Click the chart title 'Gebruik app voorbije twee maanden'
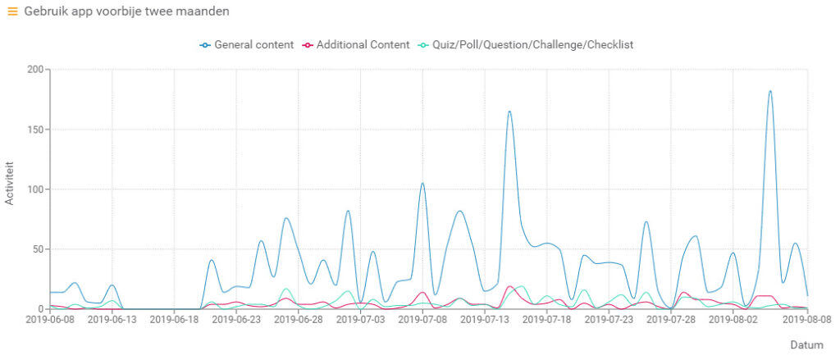pyautogui.click(x=126, y=11)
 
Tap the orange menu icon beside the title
pyautogui.click(x=12, y=11)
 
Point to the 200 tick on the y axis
pyautogui.click(x=34, y=70)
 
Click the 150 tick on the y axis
pyautogui.click(x=34, y=130)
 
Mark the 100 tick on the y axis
pyautogui.click(x=34, y=189)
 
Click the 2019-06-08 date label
pyautogui.click(x=50, y=321)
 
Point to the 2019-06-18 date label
pyautogui.click(x=175, y=321)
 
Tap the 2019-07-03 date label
pyautogui.click(x=360, y=321)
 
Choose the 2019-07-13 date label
pyautogui.click(x=485, y=321)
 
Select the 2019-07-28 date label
pyautogui.click(x=670, y=321)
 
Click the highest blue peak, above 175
pyautogui.click(x=770, y=91)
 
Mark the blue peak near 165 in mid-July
pyautogui.click(x=509, y=112)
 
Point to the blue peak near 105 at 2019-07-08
pyautogui.click(x=422, y=184)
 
